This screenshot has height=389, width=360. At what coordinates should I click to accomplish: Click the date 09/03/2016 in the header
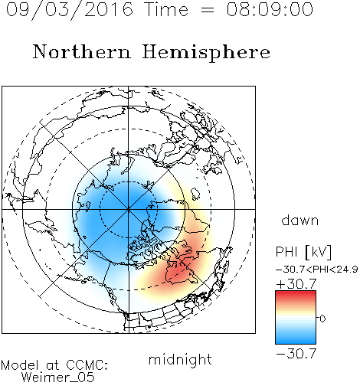click(69, 10)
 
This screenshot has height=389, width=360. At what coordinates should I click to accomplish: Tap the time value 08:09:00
click(270, 9)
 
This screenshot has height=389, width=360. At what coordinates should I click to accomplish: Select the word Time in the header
click(166, 9)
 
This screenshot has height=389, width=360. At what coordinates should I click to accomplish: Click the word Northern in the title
click(82, 51)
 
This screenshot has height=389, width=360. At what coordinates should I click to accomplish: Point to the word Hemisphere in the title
click(206, 53)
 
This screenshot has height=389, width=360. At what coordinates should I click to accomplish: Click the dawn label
click(300, 220)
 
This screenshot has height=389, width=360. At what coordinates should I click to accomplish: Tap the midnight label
click(180, 359)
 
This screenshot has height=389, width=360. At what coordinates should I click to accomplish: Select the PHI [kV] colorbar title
click(303, 252)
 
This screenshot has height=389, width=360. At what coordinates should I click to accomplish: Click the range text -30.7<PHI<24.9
click(316, 270)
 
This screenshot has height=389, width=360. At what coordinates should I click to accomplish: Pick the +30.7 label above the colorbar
click(296, 284)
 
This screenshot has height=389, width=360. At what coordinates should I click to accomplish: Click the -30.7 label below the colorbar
click(296, 354)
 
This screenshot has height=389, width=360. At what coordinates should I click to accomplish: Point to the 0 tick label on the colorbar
click(322, 319)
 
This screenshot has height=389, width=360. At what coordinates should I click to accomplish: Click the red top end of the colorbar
click(296, 293)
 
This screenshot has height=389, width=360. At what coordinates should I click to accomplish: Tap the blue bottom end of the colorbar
click(296, 342)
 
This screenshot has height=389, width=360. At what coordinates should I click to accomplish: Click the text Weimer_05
click(57, 378)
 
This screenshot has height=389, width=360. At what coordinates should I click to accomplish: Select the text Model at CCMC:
click(54, 365)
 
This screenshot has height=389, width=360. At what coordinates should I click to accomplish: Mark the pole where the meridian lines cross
click(129, 209)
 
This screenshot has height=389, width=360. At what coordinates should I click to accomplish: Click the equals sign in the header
click(207, 10)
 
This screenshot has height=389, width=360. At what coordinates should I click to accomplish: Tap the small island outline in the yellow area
click(195, 194)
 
